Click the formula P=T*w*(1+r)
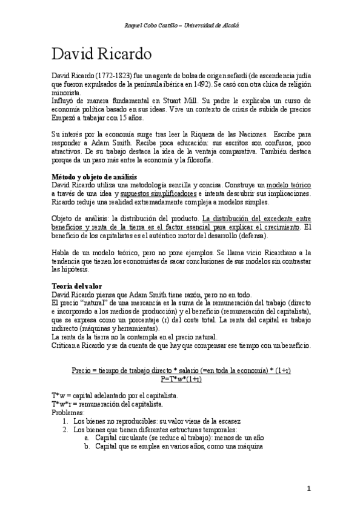coord(181,379)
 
